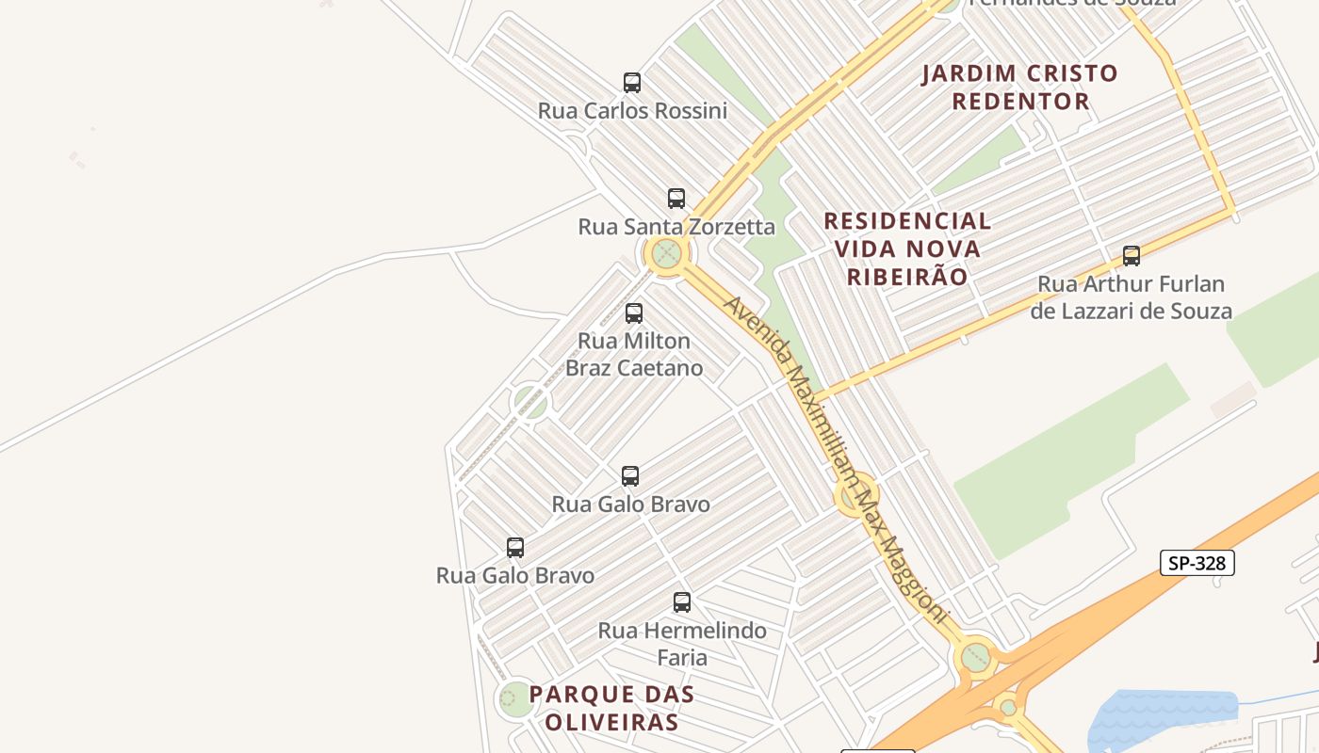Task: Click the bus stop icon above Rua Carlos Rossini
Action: [632, 83]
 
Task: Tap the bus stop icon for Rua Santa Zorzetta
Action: [676, 199]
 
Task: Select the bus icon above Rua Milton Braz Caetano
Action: [634, 313]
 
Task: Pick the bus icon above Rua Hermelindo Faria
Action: [682, 602]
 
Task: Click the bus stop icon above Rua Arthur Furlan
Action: [1132, 256]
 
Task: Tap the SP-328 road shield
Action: [1197, 563]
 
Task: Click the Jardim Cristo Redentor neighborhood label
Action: [1020, 87]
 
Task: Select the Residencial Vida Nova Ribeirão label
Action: [907, 248]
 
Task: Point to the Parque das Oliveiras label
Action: [611, 708]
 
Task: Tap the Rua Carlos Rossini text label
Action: [632, 111]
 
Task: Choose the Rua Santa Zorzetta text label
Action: [676, 227]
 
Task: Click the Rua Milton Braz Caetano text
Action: [634, 354]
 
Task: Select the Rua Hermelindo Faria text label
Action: [682, 644]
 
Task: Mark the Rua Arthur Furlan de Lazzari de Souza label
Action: [1131, 297]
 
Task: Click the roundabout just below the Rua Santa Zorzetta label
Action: [667, 253]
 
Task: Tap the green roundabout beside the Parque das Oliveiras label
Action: [514, 698]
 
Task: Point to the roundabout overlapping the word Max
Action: [856, 495]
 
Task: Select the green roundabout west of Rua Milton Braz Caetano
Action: [530, 402]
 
